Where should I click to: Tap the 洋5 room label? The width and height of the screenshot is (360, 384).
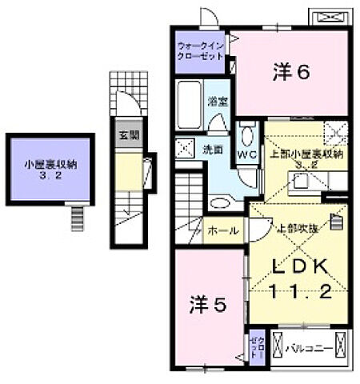coord(203,304)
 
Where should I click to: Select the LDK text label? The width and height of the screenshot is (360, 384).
coord(301,266)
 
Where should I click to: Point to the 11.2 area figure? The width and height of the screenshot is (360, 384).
coord(301,292)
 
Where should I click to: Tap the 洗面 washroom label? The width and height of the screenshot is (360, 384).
coord(211,149)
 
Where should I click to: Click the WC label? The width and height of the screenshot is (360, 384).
coord(246,155)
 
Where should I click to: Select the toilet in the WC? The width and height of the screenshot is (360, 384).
coord(246,135)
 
